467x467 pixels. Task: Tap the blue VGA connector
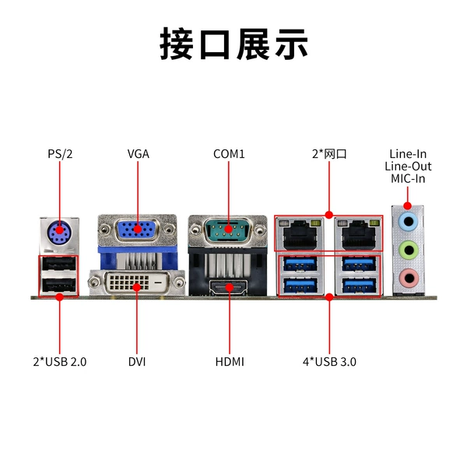137,230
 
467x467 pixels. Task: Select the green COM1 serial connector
228,230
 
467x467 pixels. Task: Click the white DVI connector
137,283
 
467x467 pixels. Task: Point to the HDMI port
228,288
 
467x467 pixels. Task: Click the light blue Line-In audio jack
408,221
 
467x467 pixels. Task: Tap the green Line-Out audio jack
409,250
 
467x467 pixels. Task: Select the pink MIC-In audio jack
409,278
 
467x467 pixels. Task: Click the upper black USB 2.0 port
59,264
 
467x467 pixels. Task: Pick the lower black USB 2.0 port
59,285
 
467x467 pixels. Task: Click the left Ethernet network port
300,234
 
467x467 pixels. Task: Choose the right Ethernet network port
358,234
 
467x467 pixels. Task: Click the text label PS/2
60,154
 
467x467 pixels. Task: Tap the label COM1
229,154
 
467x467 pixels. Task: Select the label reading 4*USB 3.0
329,362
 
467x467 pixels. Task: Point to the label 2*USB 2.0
60,362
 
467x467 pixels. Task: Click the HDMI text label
230,362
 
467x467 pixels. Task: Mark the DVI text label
137,362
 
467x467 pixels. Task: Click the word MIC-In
408,179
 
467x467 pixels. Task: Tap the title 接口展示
233,44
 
